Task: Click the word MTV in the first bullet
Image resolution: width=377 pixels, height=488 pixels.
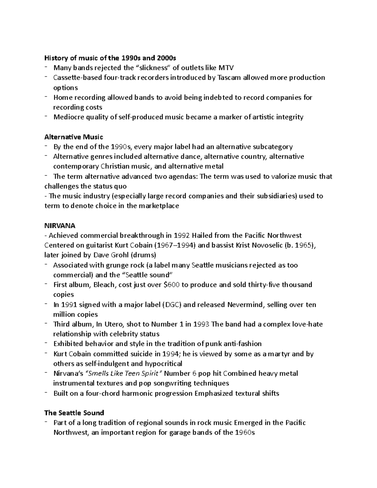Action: (227, 68)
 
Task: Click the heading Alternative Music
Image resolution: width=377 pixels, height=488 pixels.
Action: (74, 137)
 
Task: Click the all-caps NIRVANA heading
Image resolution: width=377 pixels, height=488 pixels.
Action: (60, 226)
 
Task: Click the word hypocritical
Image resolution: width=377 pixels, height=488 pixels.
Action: (163, 364)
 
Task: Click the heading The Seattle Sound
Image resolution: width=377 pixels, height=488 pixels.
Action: (74, 413)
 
